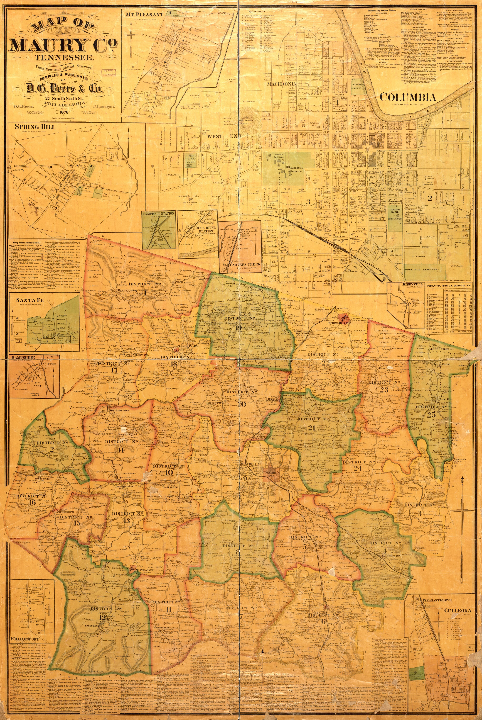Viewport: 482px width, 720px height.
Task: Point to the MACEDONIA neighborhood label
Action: click(281, 84)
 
